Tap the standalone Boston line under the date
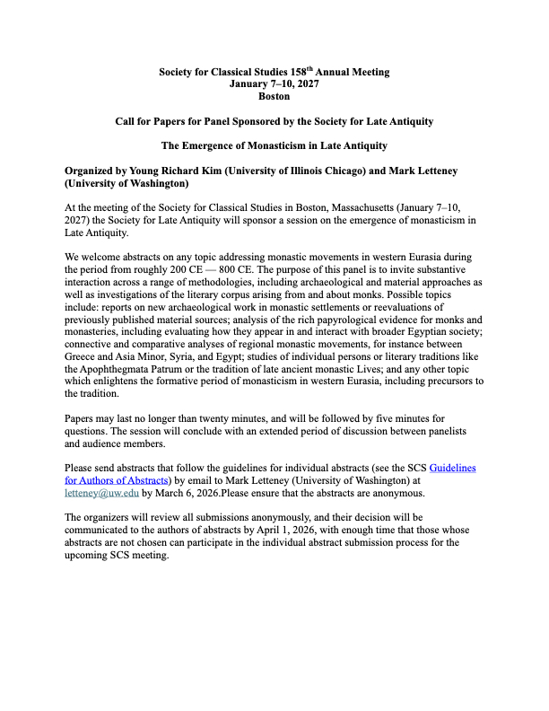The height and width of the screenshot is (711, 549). [x=274, y=95]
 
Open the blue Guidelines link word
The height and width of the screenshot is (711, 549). [x=455, y=469]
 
